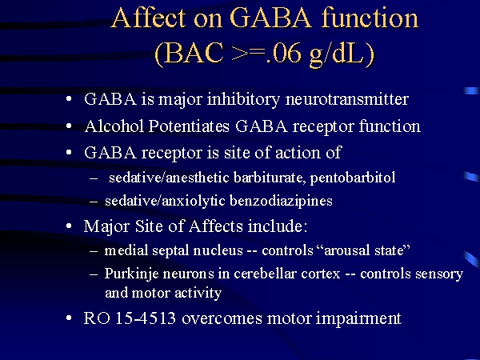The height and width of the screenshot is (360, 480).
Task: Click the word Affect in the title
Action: [x=149, y=18]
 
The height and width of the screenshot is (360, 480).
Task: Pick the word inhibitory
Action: [x=243, y=99]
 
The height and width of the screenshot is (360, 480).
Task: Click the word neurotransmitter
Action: [x=347, y=99]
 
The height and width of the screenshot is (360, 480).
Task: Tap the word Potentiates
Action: [x=189, y=126]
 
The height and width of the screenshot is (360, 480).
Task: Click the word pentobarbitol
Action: [x=353, y=178]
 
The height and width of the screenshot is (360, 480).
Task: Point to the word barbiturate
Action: [x=270, y=178]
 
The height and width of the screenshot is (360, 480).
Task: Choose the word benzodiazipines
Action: [x=281, y=201]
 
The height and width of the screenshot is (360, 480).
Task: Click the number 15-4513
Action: [x=146, y=318]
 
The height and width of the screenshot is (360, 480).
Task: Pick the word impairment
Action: [x=358, y=318]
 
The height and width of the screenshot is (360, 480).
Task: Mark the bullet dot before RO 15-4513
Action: [x=69, y=318]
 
